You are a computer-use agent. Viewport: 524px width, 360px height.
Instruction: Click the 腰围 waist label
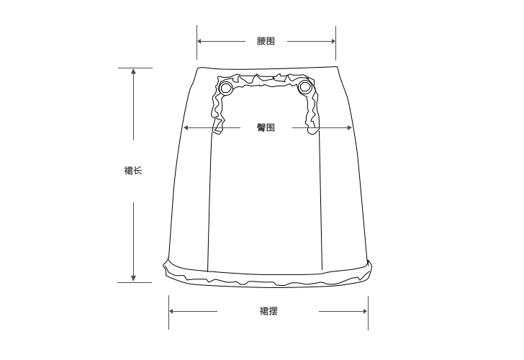(266, 41)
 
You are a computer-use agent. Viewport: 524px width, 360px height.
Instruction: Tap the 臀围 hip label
(266, 127)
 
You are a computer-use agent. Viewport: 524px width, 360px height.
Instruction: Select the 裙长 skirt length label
(133, 171)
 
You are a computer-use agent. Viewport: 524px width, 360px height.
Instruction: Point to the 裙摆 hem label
(268, 311)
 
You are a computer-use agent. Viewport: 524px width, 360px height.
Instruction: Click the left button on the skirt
(226, 89)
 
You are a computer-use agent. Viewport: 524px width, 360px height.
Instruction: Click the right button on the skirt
(304, 87)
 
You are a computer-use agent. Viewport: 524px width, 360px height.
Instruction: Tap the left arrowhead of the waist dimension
(199, 42)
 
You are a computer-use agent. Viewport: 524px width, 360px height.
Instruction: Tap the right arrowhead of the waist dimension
(333, 42)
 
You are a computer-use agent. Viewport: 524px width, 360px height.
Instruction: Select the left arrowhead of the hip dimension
(186, 127)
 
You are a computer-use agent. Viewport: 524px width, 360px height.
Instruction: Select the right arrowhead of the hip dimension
(349, 127)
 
